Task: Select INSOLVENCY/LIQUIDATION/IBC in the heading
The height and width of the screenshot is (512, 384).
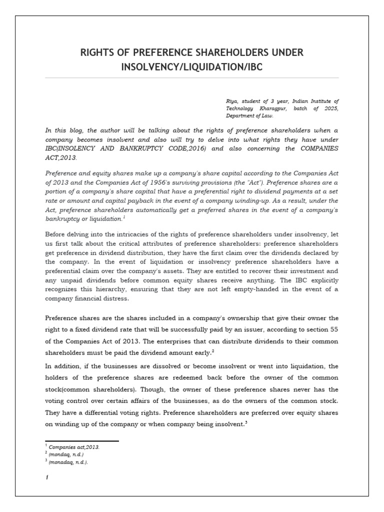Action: [191, 66]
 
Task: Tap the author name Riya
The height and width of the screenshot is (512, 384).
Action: [231, 101]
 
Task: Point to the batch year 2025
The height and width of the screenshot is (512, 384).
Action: [330, 108]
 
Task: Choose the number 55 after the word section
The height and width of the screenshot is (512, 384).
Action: [334, 329]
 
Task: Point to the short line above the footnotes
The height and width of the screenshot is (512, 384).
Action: [82, 441]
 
